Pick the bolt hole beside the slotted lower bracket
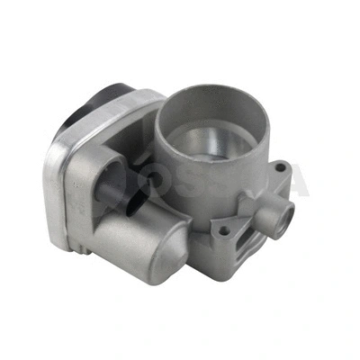click(x=221, y=232)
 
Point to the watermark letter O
click(x=180, y=184)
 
